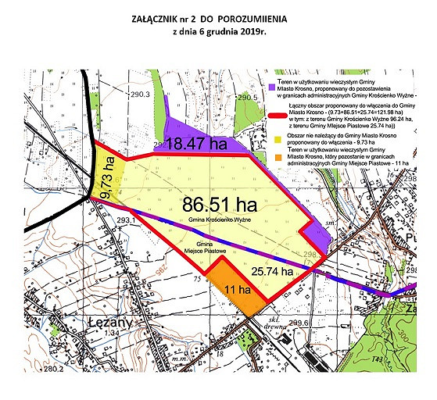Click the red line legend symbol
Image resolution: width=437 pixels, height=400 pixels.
point(270,114)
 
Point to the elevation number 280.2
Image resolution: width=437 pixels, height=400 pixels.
point(56,368)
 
